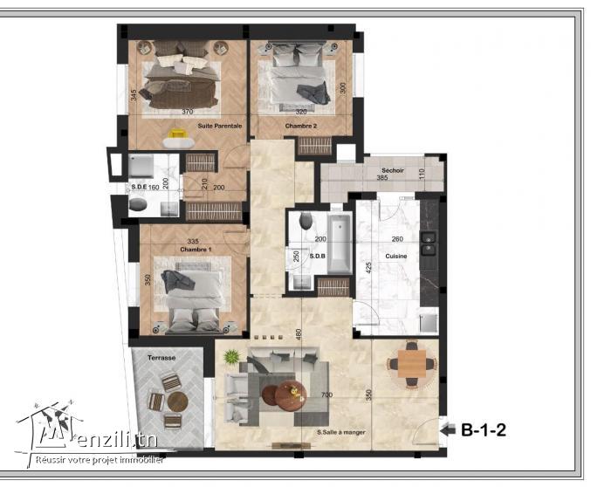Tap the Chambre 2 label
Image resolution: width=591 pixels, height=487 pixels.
click(x=299, y=126)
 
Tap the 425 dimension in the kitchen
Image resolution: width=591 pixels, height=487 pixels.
click(x=369, y=267)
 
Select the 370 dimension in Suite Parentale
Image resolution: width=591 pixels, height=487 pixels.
click(x=187, y=112)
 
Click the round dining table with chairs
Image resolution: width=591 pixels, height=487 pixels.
click(x=410, y=363)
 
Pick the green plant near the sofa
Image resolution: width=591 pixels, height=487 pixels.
click(x=230, y=356)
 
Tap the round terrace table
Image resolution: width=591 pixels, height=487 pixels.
click(x=177, y=401)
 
